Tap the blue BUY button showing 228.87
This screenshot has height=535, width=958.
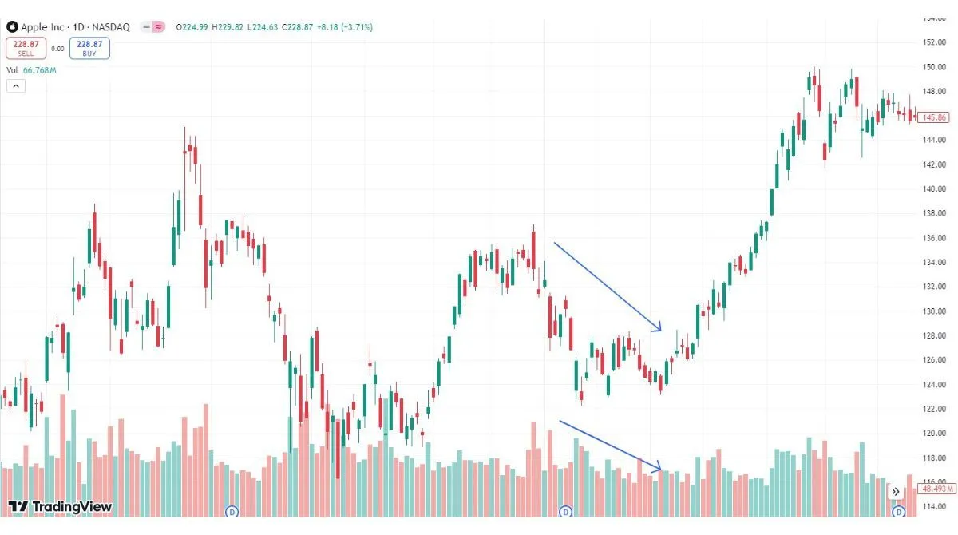click(x=89, y=48)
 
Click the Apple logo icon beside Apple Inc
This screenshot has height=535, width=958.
click(x=12, y=27)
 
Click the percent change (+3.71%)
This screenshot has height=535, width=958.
click(x=355, y=27)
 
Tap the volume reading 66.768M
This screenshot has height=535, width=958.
click(x=40, y=70)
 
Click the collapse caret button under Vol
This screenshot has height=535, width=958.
click(x=15, y=86)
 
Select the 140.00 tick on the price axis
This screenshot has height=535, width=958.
click(x=933, y=189)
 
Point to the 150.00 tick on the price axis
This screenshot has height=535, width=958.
click(x=933, y=67)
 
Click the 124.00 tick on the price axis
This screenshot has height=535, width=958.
click(x=933, y=385)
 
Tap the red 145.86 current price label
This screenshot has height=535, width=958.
click(x=933, y=117)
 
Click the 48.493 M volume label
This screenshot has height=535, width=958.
click(x=933, y=488)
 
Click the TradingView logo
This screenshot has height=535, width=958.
click(x=60, y=506)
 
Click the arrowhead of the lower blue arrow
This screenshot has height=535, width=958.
click(x=660, y=469)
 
